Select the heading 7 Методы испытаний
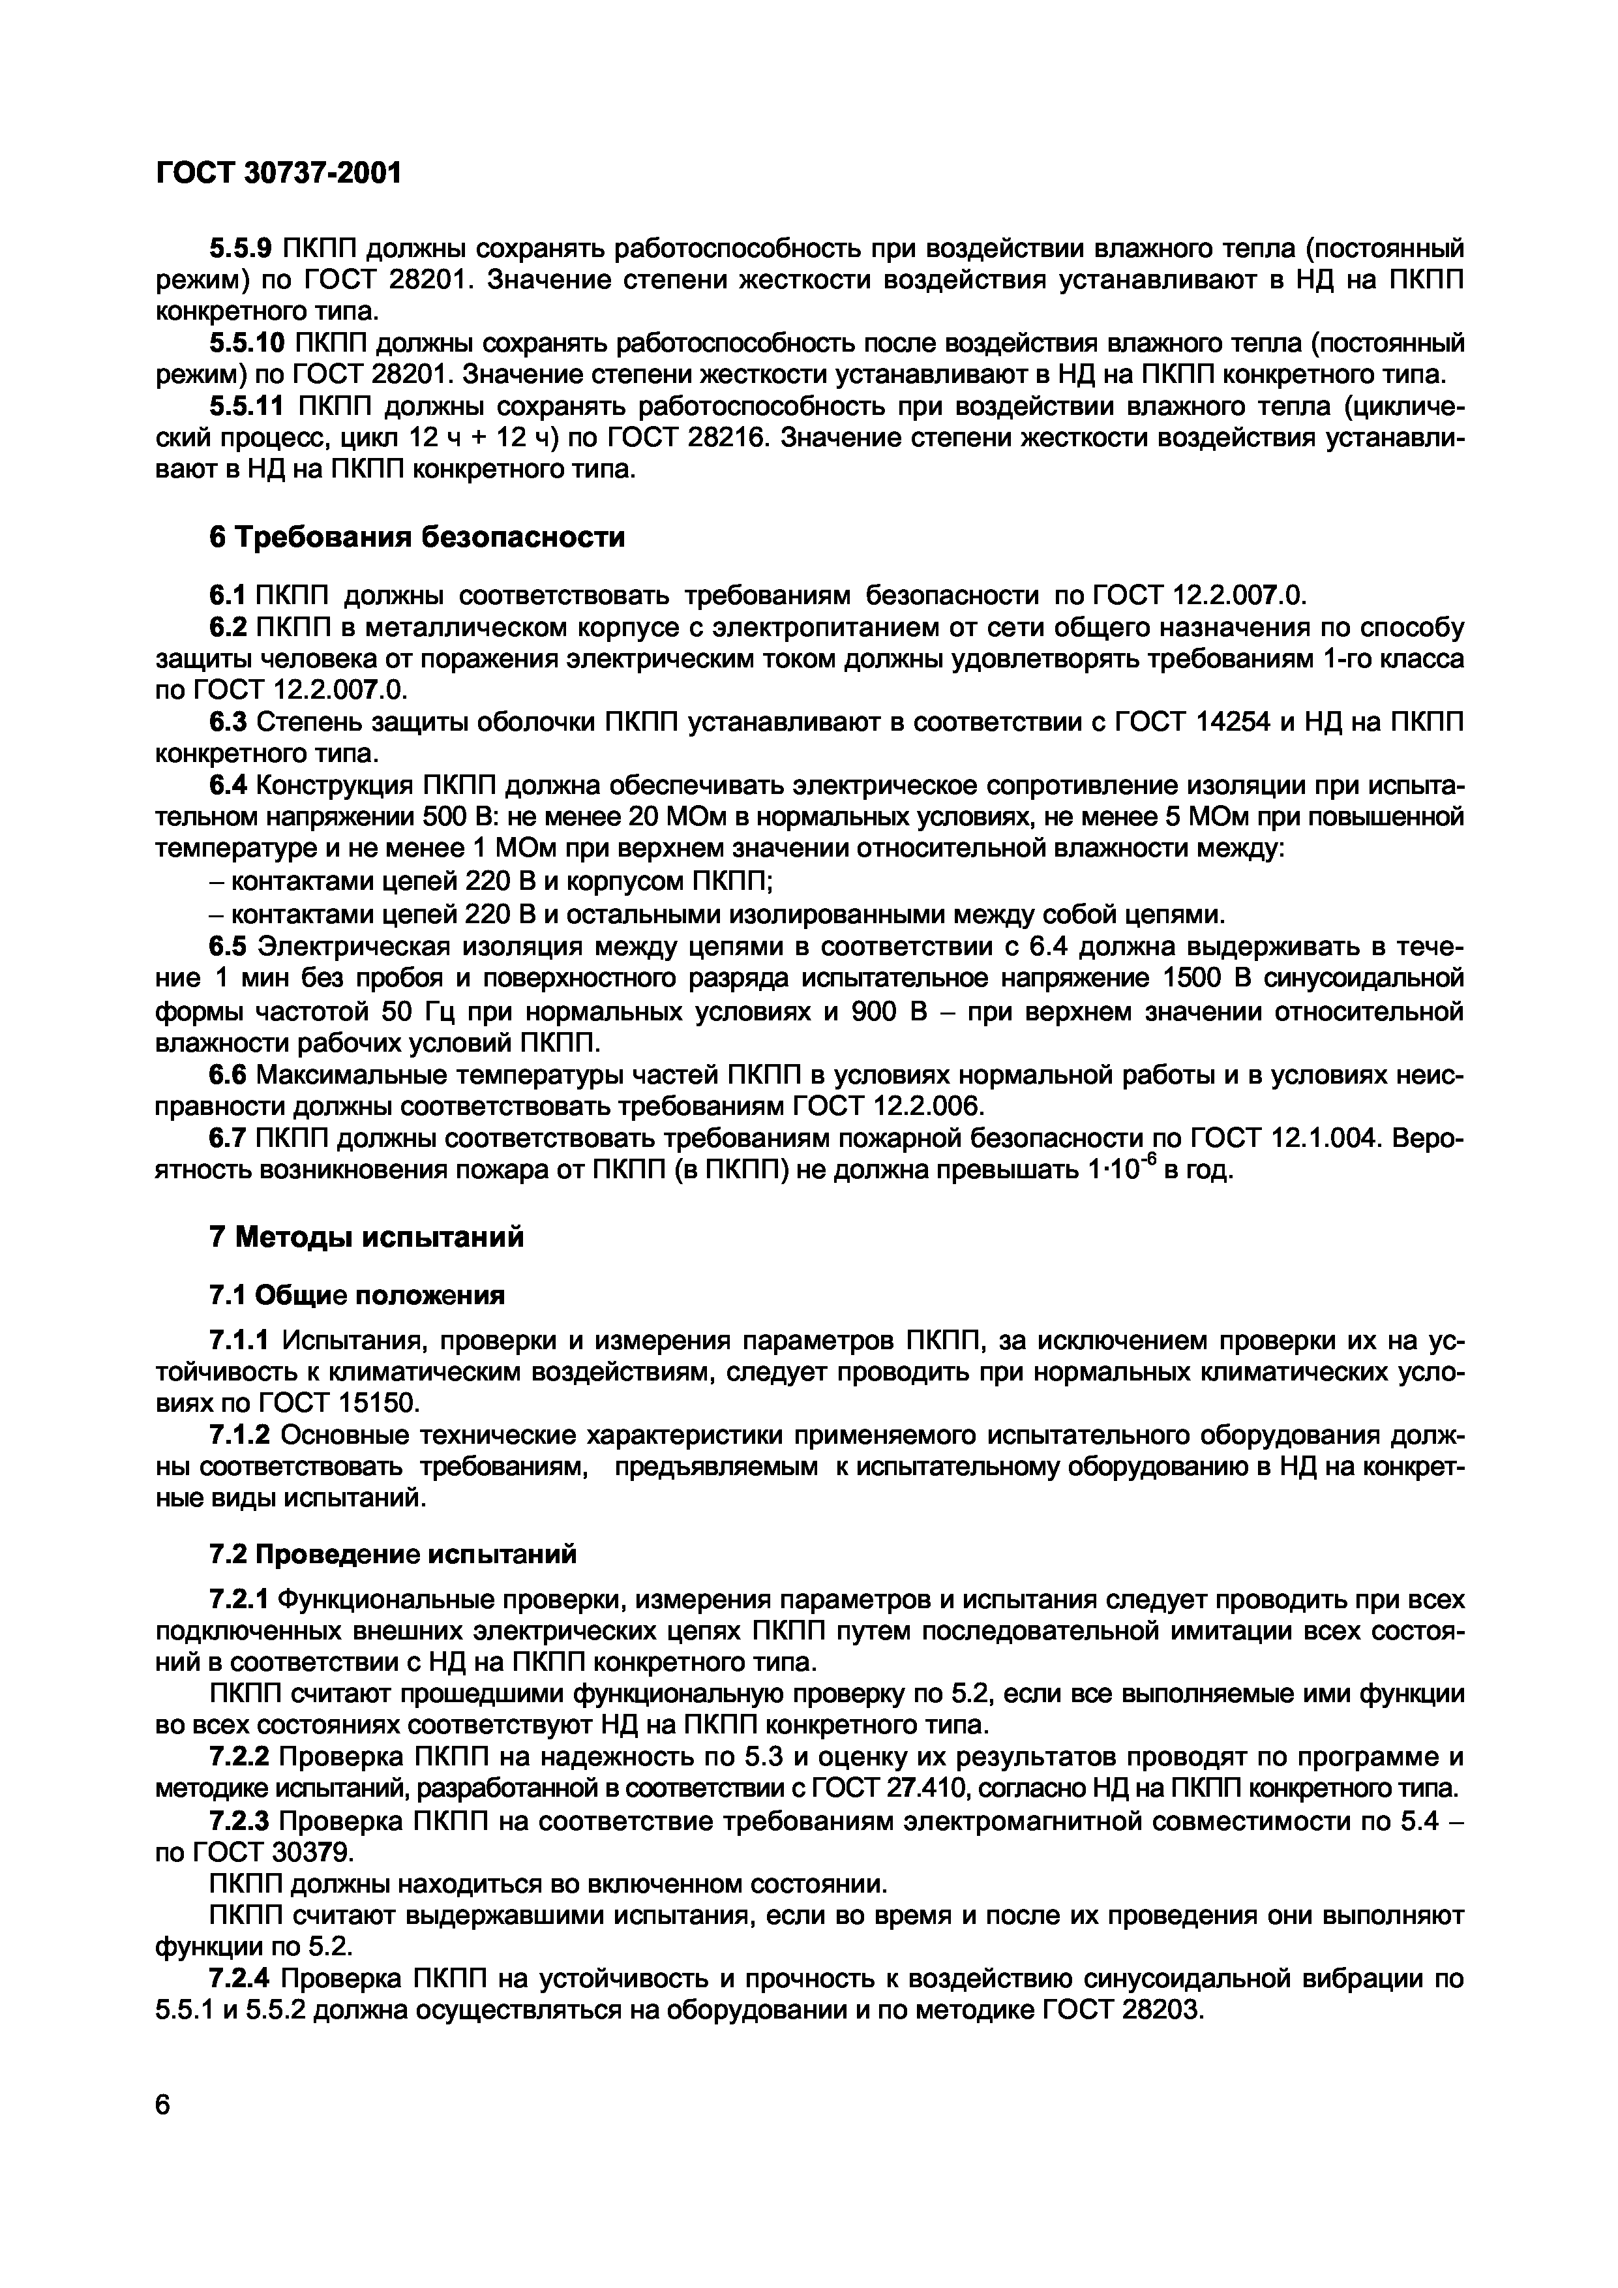366,1238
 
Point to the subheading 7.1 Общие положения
357,1296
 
